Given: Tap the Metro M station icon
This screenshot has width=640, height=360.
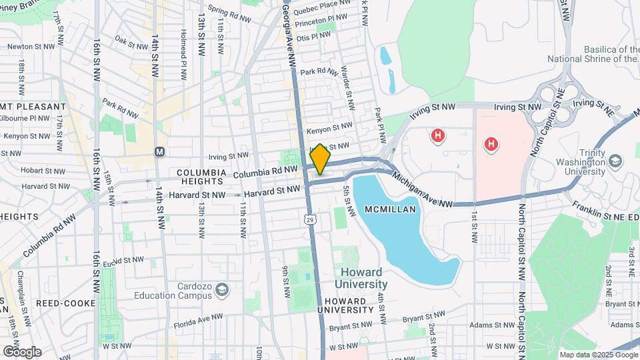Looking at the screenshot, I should (159, 151).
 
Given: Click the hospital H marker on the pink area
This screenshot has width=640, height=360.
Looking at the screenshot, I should (491, 143).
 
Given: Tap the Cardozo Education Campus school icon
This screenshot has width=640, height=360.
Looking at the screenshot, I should (222, 289).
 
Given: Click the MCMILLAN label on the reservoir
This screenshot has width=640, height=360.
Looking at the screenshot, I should (390, 209).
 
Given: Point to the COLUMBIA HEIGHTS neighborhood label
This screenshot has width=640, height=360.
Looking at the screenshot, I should (200, 176).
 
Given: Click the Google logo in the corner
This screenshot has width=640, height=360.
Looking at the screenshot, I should (22, 351).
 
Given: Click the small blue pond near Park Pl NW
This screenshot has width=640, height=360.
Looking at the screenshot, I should (387, 68).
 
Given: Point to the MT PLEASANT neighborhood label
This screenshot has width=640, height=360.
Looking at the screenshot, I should (34, 106).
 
